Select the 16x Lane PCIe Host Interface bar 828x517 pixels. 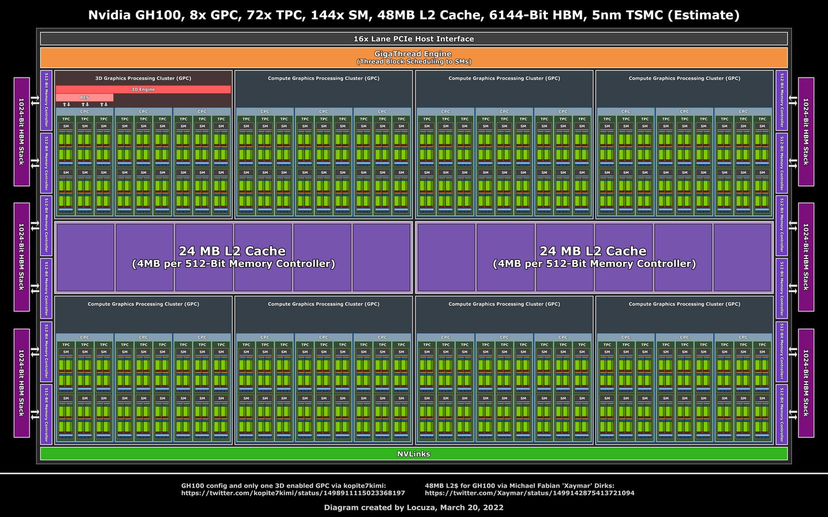[x=413, y=39]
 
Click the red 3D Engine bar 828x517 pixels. [x=143, y=89]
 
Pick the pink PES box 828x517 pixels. [x=84, y=98]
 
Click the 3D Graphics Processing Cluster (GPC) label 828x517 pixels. [x=143, y=79]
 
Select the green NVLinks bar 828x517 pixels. [x=413, y=454]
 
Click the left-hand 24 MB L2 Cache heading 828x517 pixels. [x=232, y=251]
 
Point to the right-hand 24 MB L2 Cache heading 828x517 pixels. [x=593, y=251]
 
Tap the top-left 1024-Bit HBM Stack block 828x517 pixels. [x=22, y=131]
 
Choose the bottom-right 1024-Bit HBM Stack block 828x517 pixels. [x=806, y=383]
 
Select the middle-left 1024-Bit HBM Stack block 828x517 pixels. [x=22, y=257]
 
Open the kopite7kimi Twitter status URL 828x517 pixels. [x=293, y=493]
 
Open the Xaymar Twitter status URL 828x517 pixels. [x=529, y=493]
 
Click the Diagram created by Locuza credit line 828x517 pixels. [x=413, y=508]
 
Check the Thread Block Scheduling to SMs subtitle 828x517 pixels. [x=413, y=62]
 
